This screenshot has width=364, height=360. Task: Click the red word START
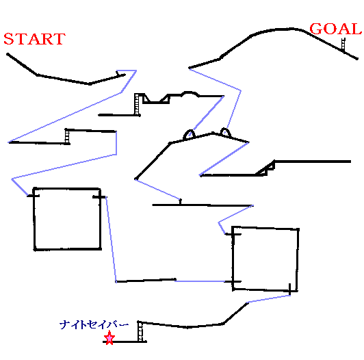(34, 39)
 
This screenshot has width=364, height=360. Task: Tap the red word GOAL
(336, 29)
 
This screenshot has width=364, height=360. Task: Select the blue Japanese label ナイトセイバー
(94, 324)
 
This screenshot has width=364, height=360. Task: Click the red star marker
(109, 337)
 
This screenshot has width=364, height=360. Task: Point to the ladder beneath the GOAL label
(343, 44)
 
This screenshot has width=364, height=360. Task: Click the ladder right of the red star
(140, 331)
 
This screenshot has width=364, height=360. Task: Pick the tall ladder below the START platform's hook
(137, 104)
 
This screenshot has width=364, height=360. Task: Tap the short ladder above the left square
(67, 137)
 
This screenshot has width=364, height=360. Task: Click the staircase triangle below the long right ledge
(265, 169)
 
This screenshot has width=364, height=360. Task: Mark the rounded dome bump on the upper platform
(190, 92)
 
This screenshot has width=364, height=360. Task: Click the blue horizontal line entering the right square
(200, 281)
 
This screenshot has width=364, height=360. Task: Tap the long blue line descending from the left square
(112, 240)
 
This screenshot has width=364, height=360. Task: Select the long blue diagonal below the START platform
(65, 117)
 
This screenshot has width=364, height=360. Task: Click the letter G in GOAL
(316, 29)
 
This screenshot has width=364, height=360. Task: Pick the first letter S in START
(8, 39)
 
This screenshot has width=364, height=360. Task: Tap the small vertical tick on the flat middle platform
(180, 202)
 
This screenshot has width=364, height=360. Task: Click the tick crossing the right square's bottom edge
(289, 289)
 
